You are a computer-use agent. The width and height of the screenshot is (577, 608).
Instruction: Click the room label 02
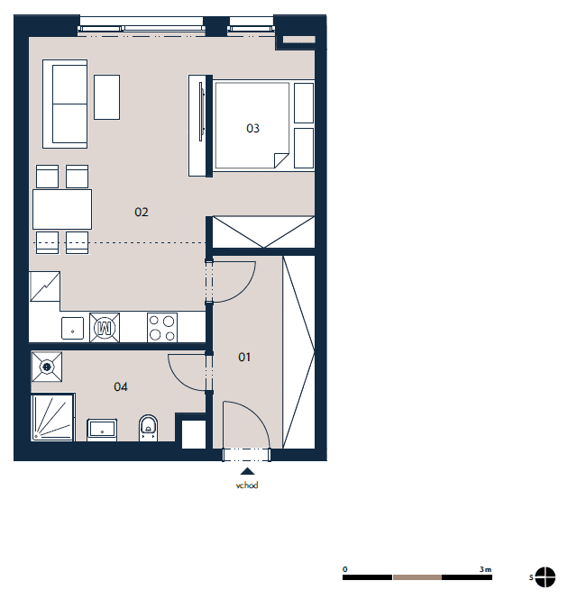point(142,212)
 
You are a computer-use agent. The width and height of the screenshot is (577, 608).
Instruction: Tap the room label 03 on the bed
point(252,128)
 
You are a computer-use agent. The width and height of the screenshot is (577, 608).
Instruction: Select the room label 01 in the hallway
point(244,357)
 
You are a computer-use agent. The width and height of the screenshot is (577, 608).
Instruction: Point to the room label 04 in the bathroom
point(120,386)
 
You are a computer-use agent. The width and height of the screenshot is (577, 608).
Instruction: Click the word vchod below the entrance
point(247,485)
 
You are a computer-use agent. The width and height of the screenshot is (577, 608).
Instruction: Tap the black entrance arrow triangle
point(247,471)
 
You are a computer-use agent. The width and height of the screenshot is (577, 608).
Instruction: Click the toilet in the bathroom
point(148,428)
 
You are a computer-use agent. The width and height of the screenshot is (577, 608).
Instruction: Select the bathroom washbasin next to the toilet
point(102,430)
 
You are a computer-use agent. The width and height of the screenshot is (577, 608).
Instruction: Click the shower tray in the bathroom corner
point(53,417)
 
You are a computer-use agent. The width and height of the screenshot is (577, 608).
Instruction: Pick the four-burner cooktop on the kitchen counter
point(162,328)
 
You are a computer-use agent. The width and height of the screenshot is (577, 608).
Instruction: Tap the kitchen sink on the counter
point(72,329)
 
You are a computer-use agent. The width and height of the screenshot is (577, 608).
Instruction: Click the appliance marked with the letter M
point(105,328)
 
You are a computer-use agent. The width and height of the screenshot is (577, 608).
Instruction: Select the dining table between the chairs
point(62,209)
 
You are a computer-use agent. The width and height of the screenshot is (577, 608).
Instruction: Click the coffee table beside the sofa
point(106,97)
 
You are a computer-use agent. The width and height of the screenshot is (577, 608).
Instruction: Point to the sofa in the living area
point(65,104)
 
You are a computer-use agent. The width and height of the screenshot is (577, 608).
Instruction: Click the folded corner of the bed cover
point(281,159)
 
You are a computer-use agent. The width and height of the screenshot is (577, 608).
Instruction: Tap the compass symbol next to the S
point(545,577)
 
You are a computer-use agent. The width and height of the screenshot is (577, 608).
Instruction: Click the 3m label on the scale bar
point(485,569)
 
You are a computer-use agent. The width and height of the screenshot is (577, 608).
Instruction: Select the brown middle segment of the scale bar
point(417,577)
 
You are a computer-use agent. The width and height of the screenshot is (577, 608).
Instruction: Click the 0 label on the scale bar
point(345,569)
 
